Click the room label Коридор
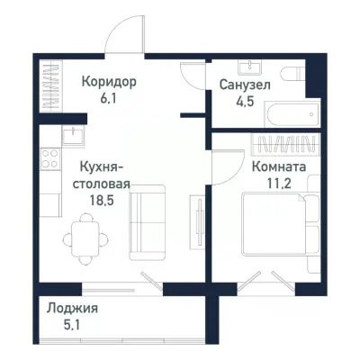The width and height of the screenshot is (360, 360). click(x=108, y=82)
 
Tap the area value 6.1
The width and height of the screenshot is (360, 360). click(x=108, y=98)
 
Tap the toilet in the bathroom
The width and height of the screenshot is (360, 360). click(x=292, y=76)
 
